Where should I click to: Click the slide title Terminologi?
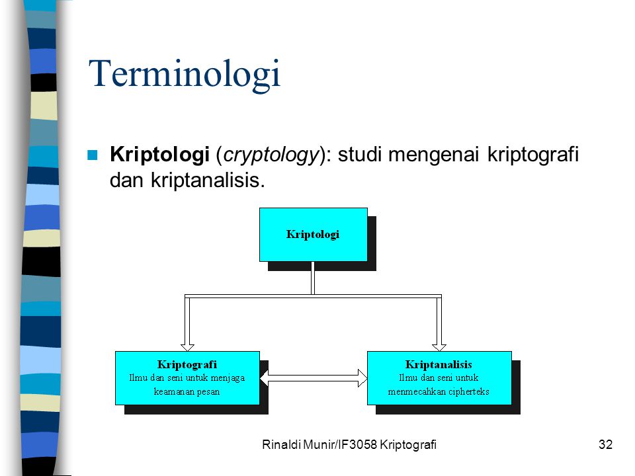point(185,73)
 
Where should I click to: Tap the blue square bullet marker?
point(93,155)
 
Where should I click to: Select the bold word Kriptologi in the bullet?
point(159,155)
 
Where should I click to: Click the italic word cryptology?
point(271,155)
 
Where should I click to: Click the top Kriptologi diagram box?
point(314,235)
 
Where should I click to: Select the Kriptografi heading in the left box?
point(187,365)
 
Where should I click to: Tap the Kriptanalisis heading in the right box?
point(439,365)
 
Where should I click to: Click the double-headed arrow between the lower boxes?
point(314,378)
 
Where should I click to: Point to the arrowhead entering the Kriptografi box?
point(187,347)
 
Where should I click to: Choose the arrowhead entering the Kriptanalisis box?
point(439,347)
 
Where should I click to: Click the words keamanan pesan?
point(187,392)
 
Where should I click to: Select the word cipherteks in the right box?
point(468,392)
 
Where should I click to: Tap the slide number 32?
point(605,444)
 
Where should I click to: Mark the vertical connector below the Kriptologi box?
point(313,278)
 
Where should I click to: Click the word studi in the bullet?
point(360,155)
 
